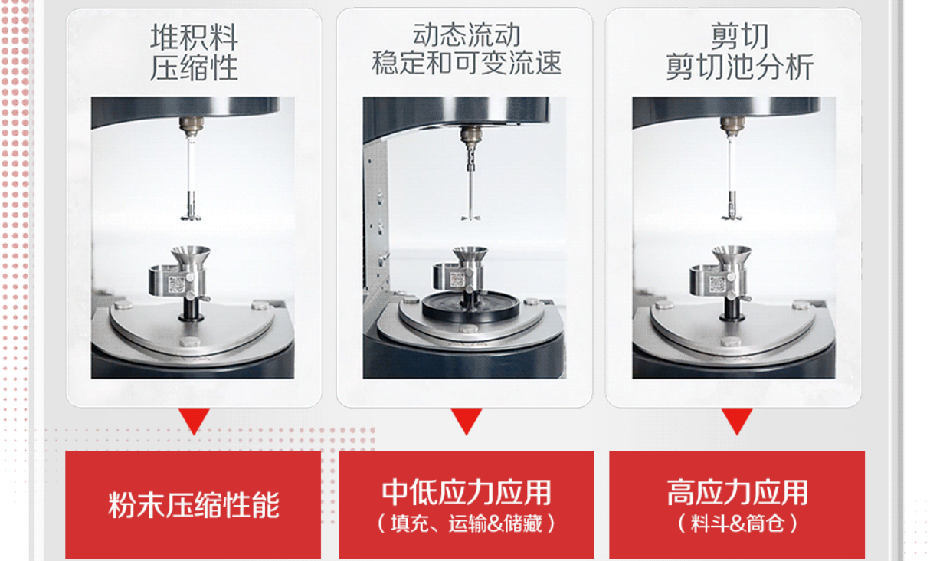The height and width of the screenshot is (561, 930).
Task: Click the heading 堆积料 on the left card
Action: pyautogui.click(x=194, y=37)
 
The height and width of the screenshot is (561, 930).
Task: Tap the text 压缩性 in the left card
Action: pyautogui.click(x=194, y=67)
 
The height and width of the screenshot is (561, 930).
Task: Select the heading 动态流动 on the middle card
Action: pyautogui.click(x=467, y=35)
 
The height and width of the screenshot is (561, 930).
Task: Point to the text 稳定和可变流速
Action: pyautogui.click(x=467, y=63)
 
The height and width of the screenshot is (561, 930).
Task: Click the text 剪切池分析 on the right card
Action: pyautogui.click(x=739, y=67)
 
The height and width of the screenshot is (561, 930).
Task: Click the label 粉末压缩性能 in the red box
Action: pyautogui.click(x=194, y=505)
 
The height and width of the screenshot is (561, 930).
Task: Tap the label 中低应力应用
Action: pyautogui.click(x=467, y=493)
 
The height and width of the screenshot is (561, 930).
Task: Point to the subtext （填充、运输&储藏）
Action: pyautogui.click(x=467, y=523)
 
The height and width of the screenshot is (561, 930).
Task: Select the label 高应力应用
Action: pyautogui.click(x=738, y=493)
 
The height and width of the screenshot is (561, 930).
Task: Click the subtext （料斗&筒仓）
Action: pyautogui.click(x=738, y=523)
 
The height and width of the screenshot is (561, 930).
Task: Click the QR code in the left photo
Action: pyautogui.click(x=176, y=284)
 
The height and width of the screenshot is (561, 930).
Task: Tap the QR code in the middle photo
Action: pyautogui.click(x=457, y=279)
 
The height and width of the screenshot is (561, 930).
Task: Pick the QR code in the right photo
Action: pyautogui.click(x=718, y=284)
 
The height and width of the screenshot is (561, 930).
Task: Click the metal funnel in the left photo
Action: pyautogui.click(x=191, y=258)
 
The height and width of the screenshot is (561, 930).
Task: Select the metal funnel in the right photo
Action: pyautogui.click(x=732, y=258)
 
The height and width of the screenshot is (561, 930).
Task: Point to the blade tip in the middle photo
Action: pyautogui.click(x=470, y=217)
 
